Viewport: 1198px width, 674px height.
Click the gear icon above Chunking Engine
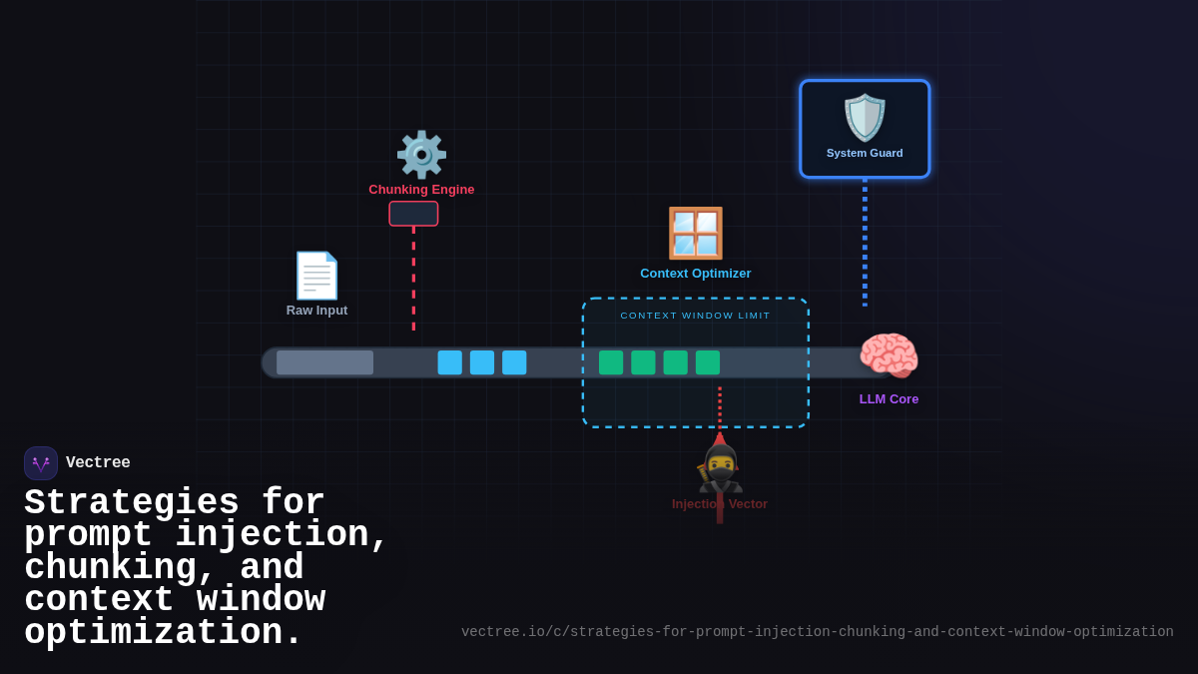pyautogui.click(x=421, y=155)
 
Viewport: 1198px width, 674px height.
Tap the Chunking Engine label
pyautogui.click(x=421, y=190)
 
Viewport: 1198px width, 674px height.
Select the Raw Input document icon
pyautogui.click(x=316, y=276)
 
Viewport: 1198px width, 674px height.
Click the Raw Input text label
pyautogui.click(x=316, y=311)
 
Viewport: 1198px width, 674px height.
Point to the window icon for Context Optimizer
pyautogui.click(x=695, y=233)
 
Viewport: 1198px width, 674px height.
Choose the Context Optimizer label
pyautogui.click(x=695, y=274)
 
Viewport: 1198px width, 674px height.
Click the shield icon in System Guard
pyautogui.click(x=865, y=118)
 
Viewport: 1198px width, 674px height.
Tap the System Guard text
pyautogui.click(x=865, y=154)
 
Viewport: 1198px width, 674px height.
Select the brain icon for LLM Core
pyautogui.click(x=889, y=356)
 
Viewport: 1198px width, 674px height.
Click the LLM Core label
pyautogui.click(x=889, y=399)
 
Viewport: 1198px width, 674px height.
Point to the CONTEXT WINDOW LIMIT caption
pyautogui.click(x=695, y=316)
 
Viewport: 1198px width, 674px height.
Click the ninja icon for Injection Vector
pyautogui.click(x=720, y=468)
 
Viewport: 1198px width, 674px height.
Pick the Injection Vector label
pyautogui.click(x=720, y=504)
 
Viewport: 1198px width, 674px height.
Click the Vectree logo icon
pyautogui.click(x=41, y=463)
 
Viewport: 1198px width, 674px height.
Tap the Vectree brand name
pyautogui.click(x=98, y=463)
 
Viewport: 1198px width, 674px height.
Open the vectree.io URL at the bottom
pyautogui.click(x=817, y=632)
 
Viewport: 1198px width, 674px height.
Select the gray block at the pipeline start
pyautogui.click(x=324, y=362)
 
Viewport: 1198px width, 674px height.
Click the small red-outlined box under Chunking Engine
pyautogui.click(x=413, y=214)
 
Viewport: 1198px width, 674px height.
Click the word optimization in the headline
pyautogui.click(x=163, y=633)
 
